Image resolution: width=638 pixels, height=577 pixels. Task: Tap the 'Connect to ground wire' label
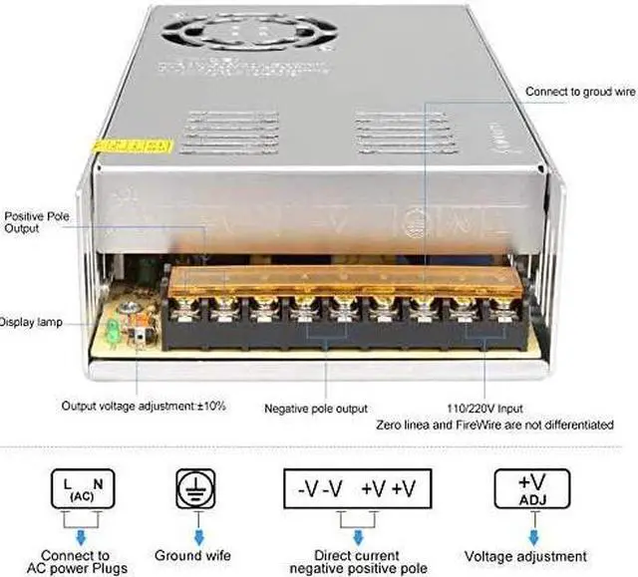[x=580, y=92]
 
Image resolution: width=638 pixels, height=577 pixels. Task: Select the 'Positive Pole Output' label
[x=38, y=221]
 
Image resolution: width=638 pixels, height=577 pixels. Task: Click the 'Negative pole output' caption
[x=316, y=409]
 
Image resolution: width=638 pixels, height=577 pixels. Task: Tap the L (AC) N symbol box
[x=77, y=489]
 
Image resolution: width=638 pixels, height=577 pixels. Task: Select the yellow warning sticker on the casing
[x=130, y=145]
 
